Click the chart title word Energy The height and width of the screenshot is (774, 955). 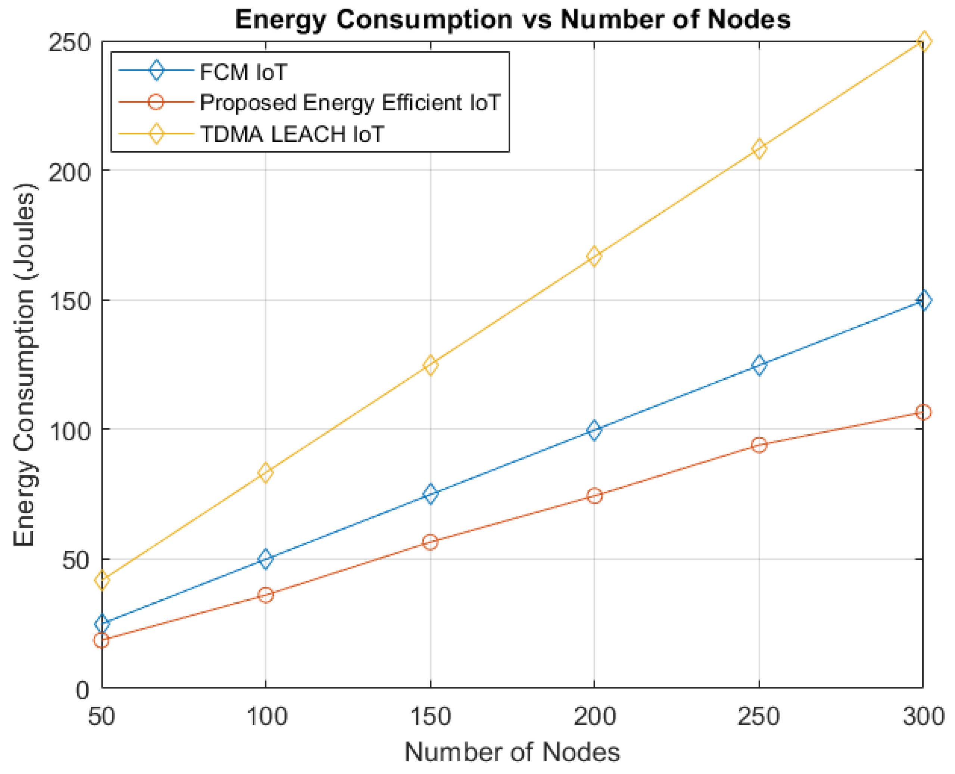[x=280, y=21]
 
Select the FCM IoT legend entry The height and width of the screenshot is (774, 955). [x=243, y=72]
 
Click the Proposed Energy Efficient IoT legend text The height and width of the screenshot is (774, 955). [x=350, y=103]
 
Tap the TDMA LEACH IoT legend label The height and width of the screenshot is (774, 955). [x=292, y=134]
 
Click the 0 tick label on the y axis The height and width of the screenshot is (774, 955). [x=82, y=691]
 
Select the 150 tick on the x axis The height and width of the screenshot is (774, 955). [x=430, y=717]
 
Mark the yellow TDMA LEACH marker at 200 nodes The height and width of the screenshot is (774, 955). [x=594, y=256]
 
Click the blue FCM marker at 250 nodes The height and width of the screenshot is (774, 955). [x=759, y=366]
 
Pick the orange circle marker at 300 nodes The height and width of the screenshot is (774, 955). [x=923, y=412]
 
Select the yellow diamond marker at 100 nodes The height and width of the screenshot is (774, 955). [x=266, y=472]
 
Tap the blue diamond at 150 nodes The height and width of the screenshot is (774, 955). [x=430, y=494]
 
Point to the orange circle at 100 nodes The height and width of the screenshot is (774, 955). [x=266, y=595]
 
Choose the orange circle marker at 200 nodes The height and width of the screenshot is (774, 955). [x=594, y=496]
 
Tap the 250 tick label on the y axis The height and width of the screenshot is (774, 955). [x=69, y=44]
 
